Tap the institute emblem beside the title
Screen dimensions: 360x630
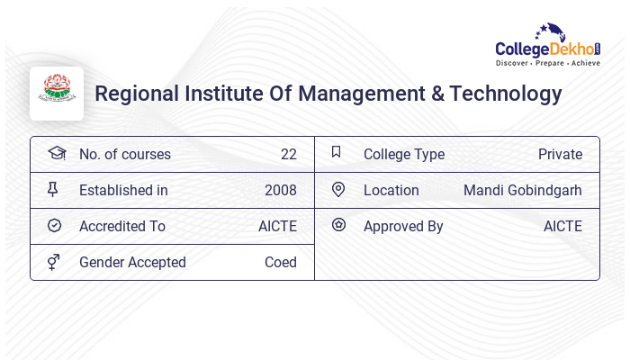coord(57,93)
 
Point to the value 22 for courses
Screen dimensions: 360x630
coord(288,154)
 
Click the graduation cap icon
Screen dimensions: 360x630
coord(56,153)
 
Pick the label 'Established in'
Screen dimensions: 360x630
coord(123,190)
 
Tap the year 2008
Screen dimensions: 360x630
coord(281,190)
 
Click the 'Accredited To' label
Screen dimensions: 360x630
coord(122,226)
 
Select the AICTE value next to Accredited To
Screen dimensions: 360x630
coord(277,226)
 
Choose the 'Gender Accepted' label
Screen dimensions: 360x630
coord(132,262)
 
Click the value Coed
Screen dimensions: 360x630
coord(281,262)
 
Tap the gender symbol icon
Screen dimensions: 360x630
coord(54,262)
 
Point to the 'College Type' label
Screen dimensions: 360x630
coord(404,154)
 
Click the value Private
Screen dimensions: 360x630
coord(560,154)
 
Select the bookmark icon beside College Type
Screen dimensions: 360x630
coord(337,153)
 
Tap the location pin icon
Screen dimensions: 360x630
coord(338,189)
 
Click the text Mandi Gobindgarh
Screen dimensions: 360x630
coord(523,190)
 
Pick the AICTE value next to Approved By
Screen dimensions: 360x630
coord(562,226)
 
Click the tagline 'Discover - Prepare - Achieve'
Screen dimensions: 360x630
coord(548,64)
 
